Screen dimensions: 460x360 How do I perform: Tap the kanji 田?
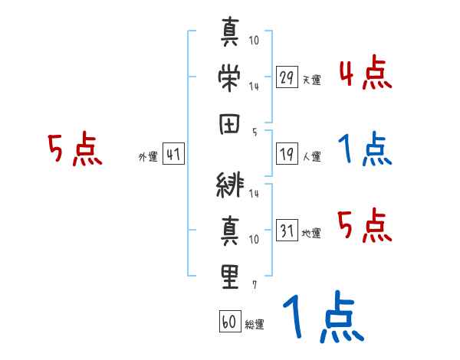point(230,123)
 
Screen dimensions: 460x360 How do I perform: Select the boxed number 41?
point(173,154)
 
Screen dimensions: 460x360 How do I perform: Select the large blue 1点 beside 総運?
point(322,318)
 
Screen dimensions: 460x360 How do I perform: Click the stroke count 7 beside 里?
point(254,285)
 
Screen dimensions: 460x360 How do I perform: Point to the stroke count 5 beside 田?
point(254,132)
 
